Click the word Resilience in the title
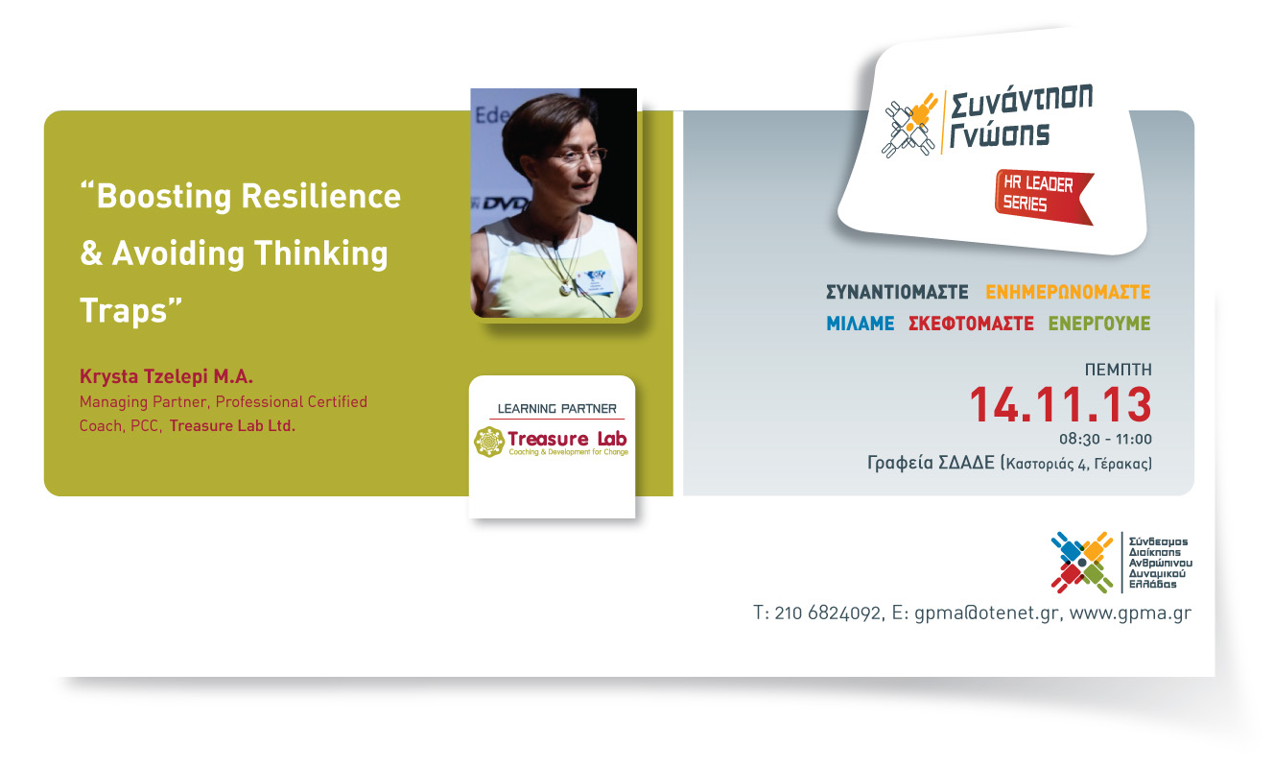coord(320,196)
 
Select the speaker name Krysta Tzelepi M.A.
coord(166,376)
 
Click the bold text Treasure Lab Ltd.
coord(232,425)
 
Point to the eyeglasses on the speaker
coord(575,155)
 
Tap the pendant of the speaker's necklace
coord(565,289)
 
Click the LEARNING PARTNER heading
coord(556,409)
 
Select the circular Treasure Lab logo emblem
coord(489,442)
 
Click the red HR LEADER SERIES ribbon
coord(1043,197)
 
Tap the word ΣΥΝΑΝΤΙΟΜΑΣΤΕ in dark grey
coord(897,292)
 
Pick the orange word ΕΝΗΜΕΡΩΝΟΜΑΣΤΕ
coord(1068,292)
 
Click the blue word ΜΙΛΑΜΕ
coord(860,324)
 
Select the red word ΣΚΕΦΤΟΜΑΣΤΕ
coord(971,324)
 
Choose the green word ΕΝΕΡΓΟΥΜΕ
coord(1098,324)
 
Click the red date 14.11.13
coord(1060,405)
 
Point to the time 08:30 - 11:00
coord(1105,439)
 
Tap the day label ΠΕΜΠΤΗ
coord(1119,370)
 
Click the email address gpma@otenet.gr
coord(986,613)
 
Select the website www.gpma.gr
coord(1130,613)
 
